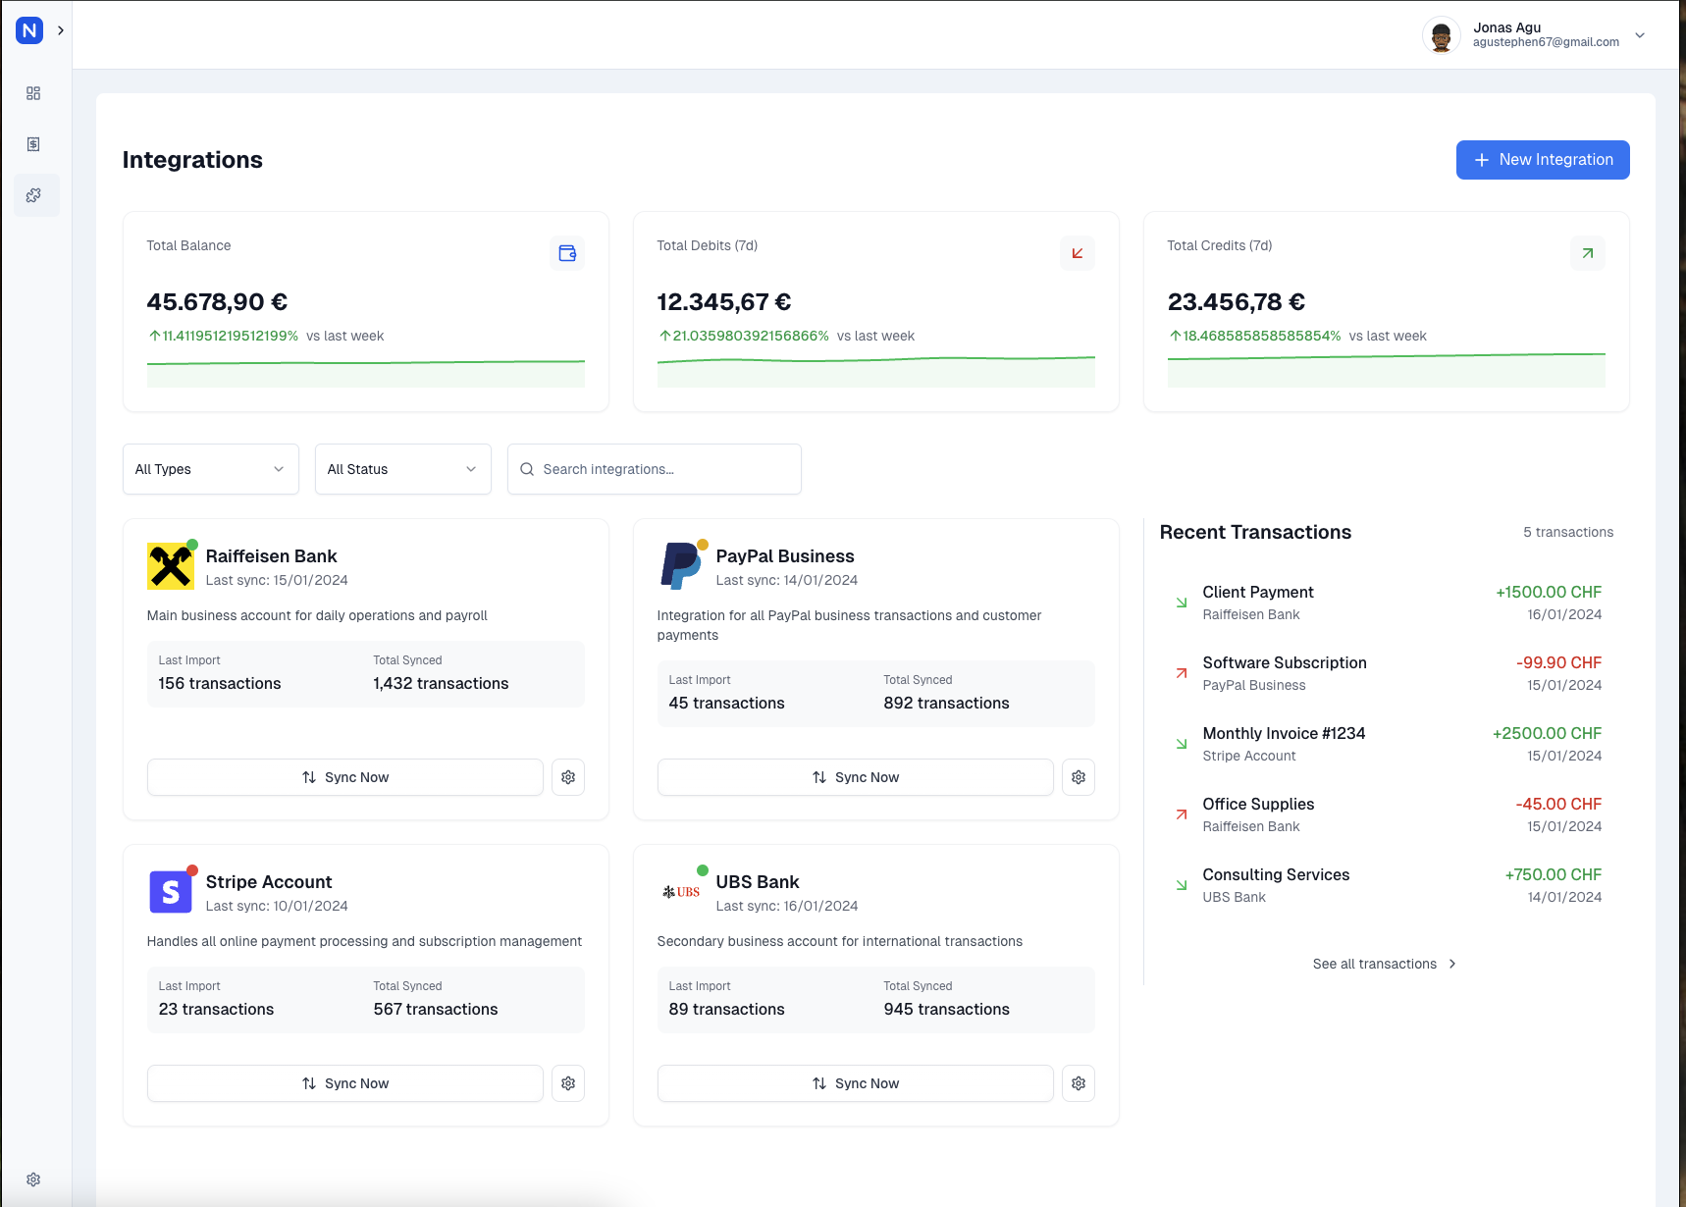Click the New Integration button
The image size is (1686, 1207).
tap(1543, 160)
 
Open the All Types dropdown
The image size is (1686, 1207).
tap(211, 469)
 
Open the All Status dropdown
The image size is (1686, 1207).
tap(403, 469)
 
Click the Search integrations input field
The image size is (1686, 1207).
tap(655, 469)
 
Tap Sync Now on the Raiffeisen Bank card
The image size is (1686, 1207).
tap(345, 777)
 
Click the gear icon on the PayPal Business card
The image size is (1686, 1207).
tap(1079, 777)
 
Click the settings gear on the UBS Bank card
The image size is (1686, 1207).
tap(1079, 1083)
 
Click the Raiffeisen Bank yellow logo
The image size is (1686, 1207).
tap(171, 566)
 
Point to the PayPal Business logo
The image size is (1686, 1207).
tap(681, 566)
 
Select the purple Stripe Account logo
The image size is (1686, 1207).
tap(171, 892)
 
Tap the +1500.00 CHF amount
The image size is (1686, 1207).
tap(1549, 592)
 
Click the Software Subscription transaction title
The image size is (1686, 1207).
tap(1285, 662)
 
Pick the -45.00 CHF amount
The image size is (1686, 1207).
tap(1558, 804)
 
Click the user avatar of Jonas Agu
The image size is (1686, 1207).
tap(1441, 35)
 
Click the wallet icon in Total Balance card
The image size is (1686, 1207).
tap(567, 253)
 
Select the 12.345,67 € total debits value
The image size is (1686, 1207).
tap(724, 302)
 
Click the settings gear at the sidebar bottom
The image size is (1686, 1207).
tap(33, 1180)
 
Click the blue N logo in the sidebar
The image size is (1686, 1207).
tap(29, 30)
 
